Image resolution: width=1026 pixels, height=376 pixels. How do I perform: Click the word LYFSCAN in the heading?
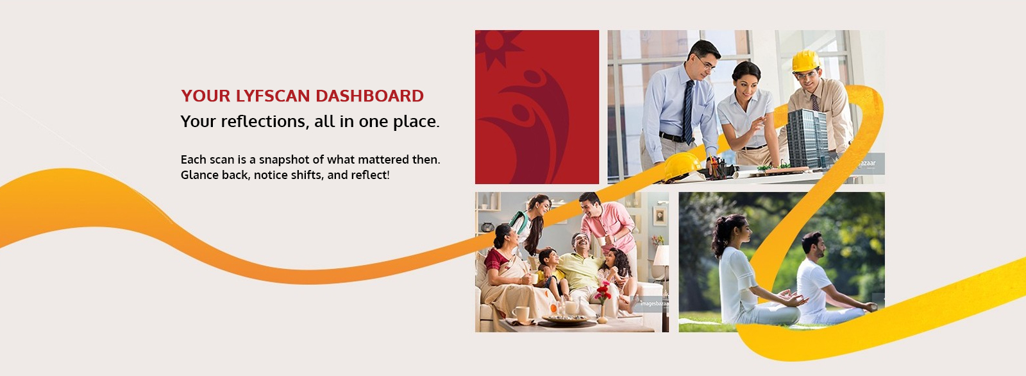(x=273, y=96)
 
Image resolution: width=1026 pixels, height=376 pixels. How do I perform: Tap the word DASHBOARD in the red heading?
(x=369, y=96)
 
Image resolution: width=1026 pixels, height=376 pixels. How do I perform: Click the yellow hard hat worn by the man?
(x=805, y=60)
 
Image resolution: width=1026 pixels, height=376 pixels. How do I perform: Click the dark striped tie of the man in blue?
(x=688, y=112)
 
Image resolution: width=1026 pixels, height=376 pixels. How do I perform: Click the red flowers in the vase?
(x=602, y=292)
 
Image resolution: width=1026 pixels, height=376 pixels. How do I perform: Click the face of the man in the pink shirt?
(x=593, y=207)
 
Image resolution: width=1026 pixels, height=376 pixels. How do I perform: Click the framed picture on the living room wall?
(x=659, y=216)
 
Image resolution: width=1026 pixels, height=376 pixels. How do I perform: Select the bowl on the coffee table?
(x=566, y=319)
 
